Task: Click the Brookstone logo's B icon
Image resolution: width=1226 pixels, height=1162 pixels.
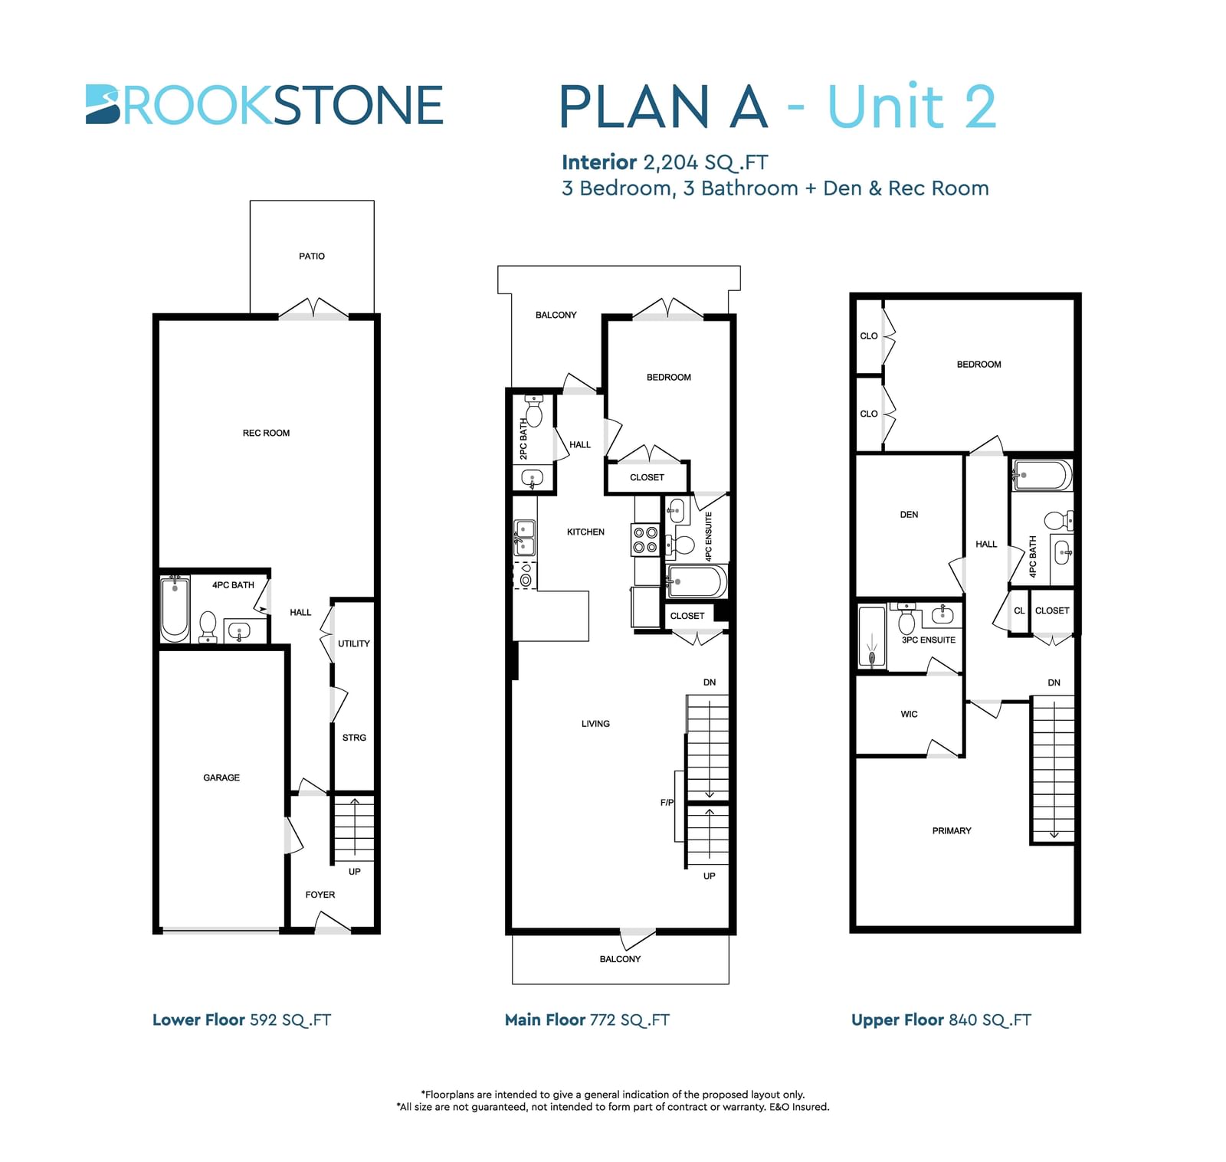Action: [103, 104]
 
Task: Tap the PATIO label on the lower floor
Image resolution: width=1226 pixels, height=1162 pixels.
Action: [312, 256]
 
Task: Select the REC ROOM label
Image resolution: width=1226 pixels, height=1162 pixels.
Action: [266, 433]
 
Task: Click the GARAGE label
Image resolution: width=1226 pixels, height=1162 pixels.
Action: [221, 777]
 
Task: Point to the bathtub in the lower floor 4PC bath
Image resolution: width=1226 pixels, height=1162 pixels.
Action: [175, 608]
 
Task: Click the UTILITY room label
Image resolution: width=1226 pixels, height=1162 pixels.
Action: [354, 643]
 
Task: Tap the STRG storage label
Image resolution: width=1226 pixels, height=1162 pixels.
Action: [354, 738]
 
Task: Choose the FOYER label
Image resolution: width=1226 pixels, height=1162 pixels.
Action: [320, 895]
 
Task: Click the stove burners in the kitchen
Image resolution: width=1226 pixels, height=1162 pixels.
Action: [644, 539]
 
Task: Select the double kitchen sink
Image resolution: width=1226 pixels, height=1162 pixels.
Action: [525, 537]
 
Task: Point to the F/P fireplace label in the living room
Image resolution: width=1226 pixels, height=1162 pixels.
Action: [667, 803]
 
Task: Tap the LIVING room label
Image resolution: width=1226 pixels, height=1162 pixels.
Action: [595, 724]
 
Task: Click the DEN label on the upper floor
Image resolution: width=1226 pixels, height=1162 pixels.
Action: [909, 515]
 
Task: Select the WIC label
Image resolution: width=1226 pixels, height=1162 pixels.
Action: [909, 714]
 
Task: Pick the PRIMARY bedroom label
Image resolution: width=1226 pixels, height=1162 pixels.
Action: [952, 831]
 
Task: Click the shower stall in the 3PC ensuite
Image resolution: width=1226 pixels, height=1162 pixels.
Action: [872, 637]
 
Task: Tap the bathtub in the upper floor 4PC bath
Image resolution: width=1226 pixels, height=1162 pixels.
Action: [1042, 476]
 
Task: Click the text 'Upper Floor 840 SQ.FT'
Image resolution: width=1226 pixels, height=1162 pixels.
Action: [941, 1020]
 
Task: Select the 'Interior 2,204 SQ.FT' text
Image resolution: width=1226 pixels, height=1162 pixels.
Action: [664, 162]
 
